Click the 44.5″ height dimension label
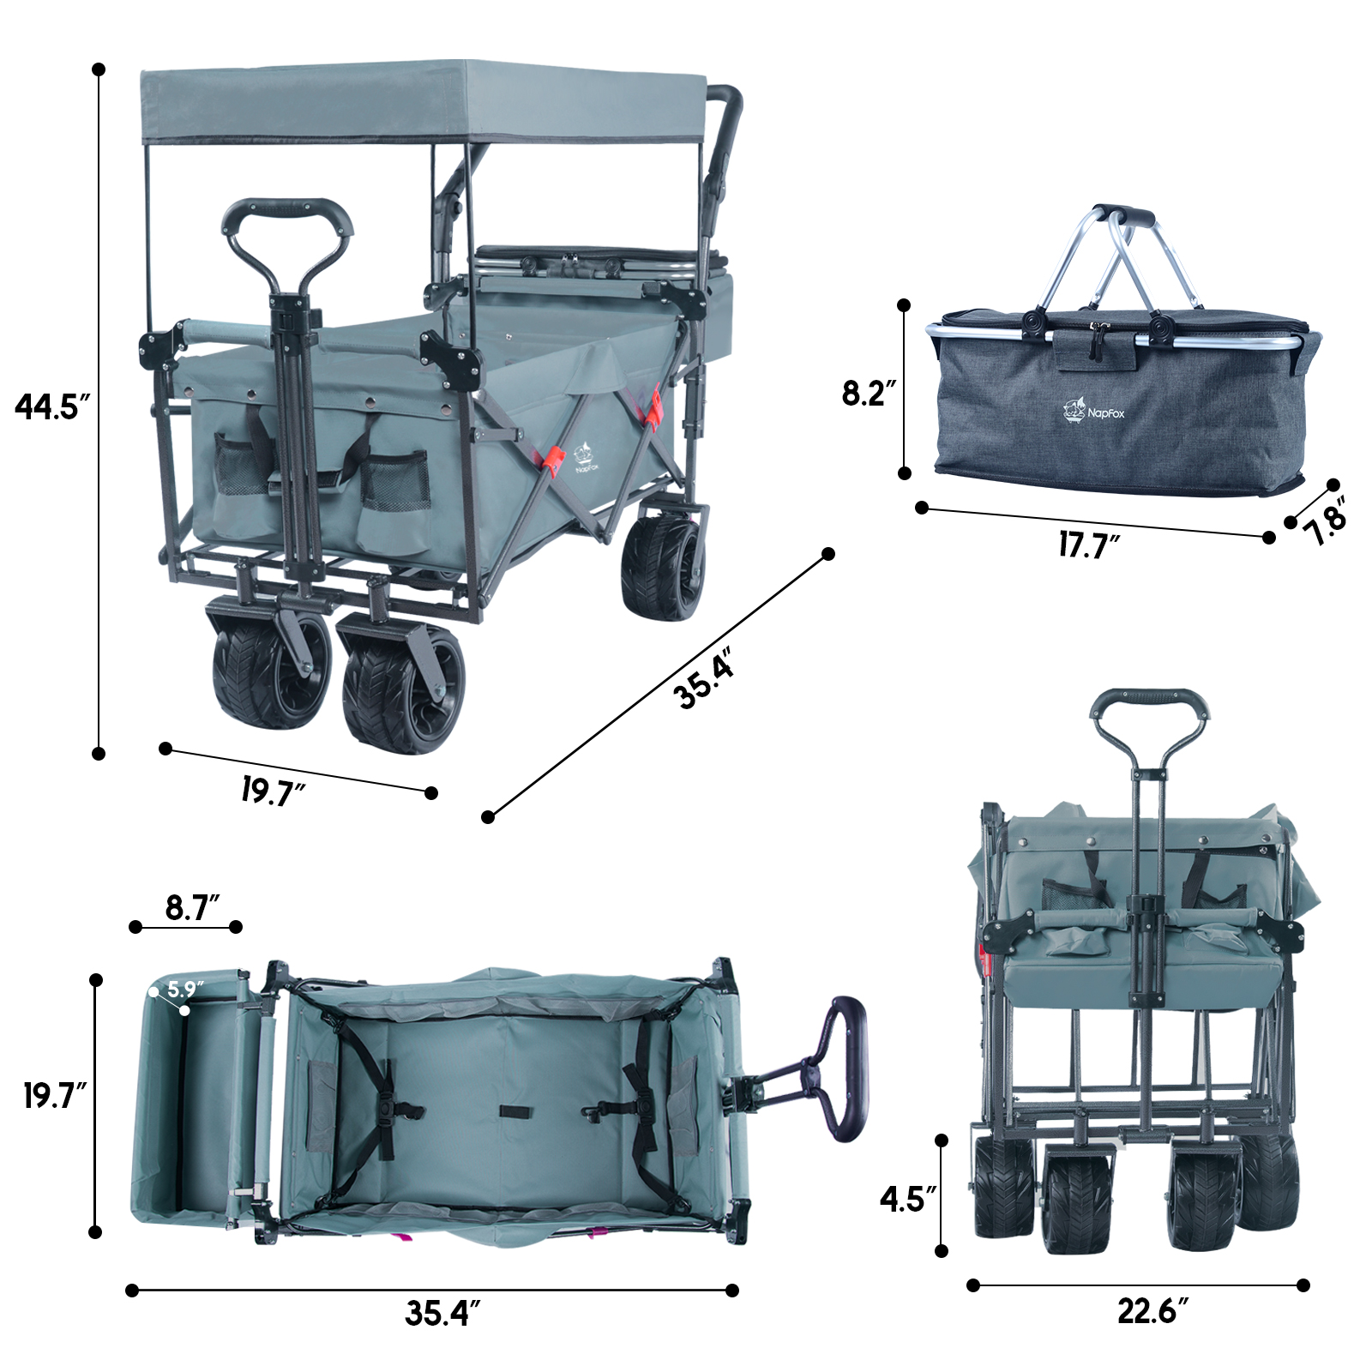(51, 406)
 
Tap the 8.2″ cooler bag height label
(869, 393)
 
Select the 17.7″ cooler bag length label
(1089, 545)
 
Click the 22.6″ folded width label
(1153, 1310)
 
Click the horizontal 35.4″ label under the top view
(442, 1313)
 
